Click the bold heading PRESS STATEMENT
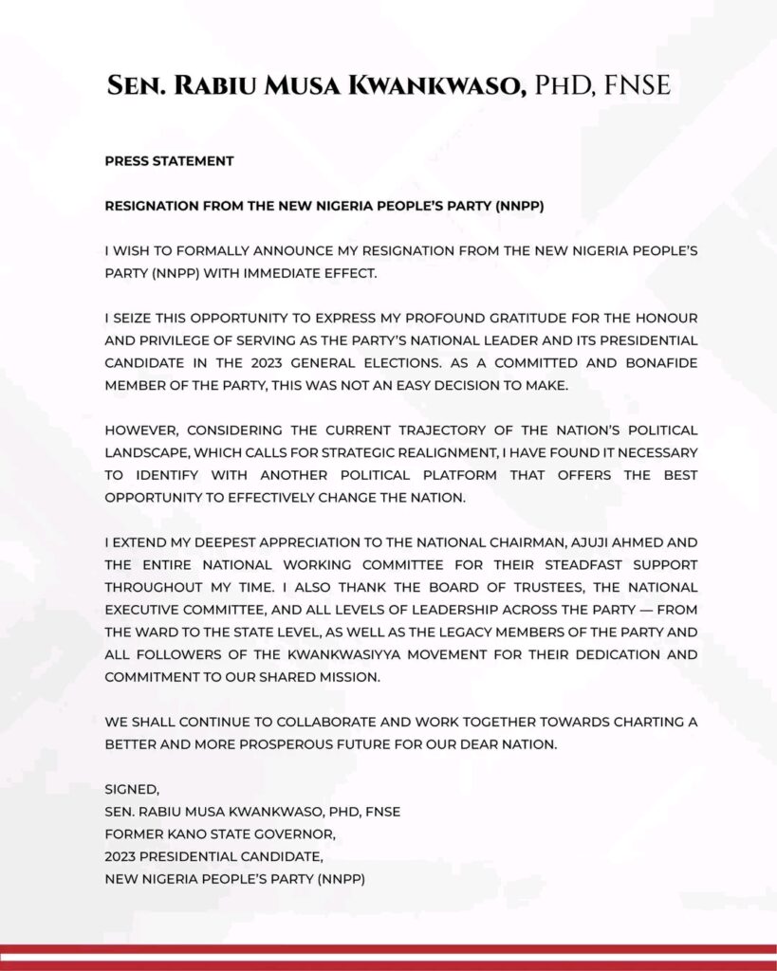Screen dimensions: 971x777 pyautogui.click(x=169, y=161)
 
